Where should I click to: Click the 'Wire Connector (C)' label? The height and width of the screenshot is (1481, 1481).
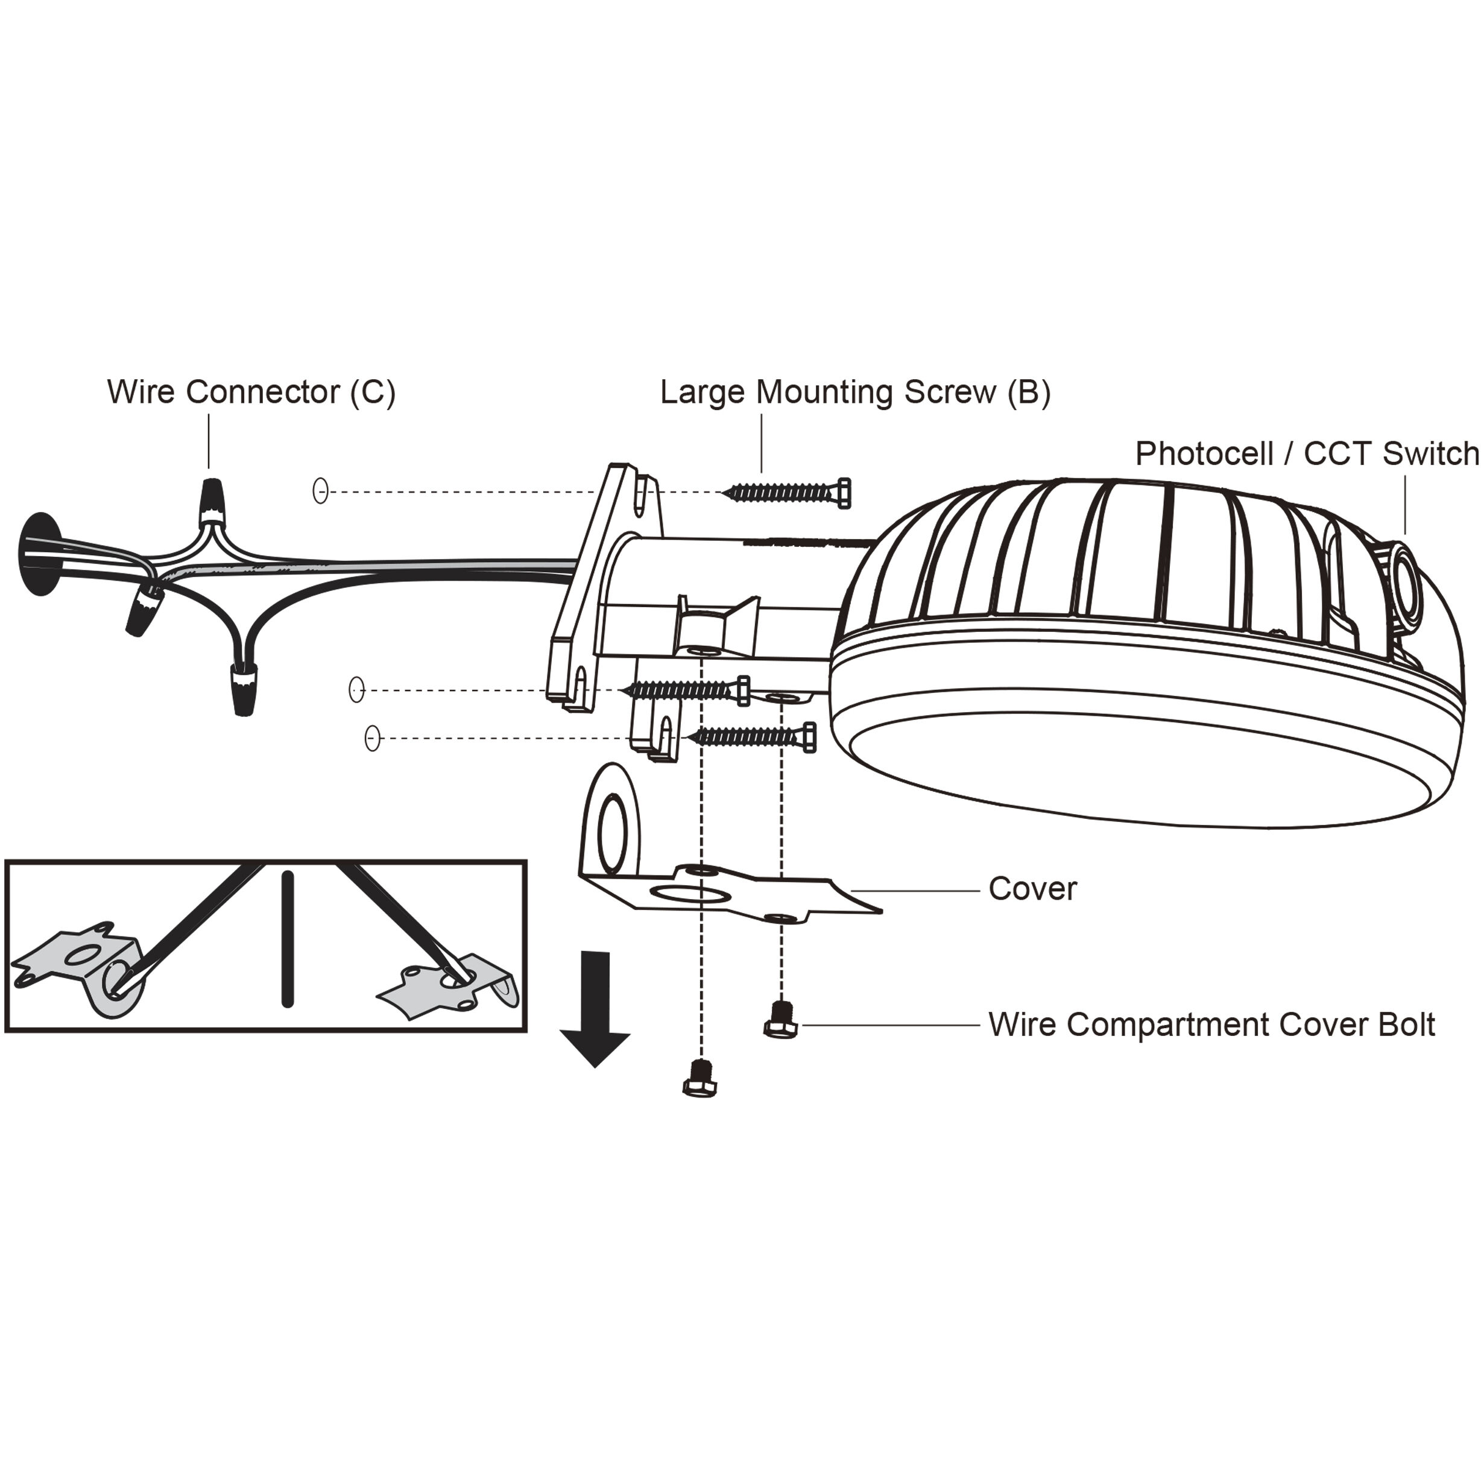tap(251, 392)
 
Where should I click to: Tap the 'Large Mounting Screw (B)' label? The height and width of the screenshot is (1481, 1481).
tap(854, 392)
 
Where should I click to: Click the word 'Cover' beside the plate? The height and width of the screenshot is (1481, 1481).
tap(1032, 888)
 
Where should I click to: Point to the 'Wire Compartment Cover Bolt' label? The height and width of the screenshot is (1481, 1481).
tap(1211, 1025)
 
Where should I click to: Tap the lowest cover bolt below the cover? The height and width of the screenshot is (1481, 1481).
tap(699, 1079)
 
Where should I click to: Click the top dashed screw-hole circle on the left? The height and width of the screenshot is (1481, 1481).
tap(320, 491)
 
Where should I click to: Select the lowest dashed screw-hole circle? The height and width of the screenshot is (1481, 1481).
tap(373, 738)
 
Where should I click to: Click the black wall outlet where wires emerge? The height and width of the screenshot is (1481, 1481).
tap(39, 554)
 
